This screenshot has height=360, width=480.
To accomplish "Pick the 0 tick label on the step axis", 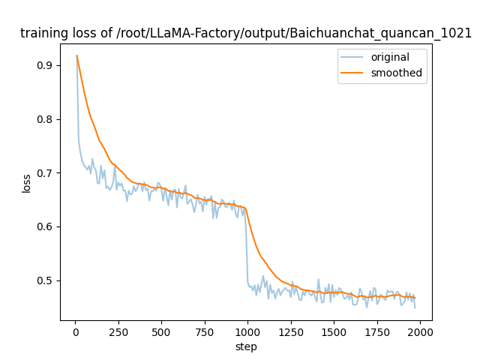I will (x=75, y=331).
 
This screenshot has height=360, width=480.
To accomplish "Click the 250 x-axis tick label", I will (x=118, y=331).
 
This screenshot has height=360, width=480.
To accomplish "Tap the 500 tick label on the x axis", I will (x=161, y=331).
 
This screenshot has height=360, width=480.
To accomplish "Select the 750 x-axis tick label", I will (x=204, y=331).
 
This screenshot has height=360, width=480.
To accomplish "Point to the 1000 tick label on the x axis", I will (x=247, y=331).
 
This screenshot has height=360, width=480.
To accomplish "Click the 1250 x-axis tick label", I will (x=290, y=331).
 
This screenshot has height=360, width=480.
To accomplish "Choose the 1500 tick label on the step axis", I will (x=334, y=331).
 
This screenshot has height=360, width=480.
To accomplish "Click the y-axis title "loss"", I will (x=26, y=183).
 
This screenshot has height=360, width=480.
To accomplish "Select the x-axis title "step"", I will (x=246, y=346).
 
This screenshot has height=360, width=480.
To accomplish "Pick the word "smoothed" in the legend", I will (x=396, y=73).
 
